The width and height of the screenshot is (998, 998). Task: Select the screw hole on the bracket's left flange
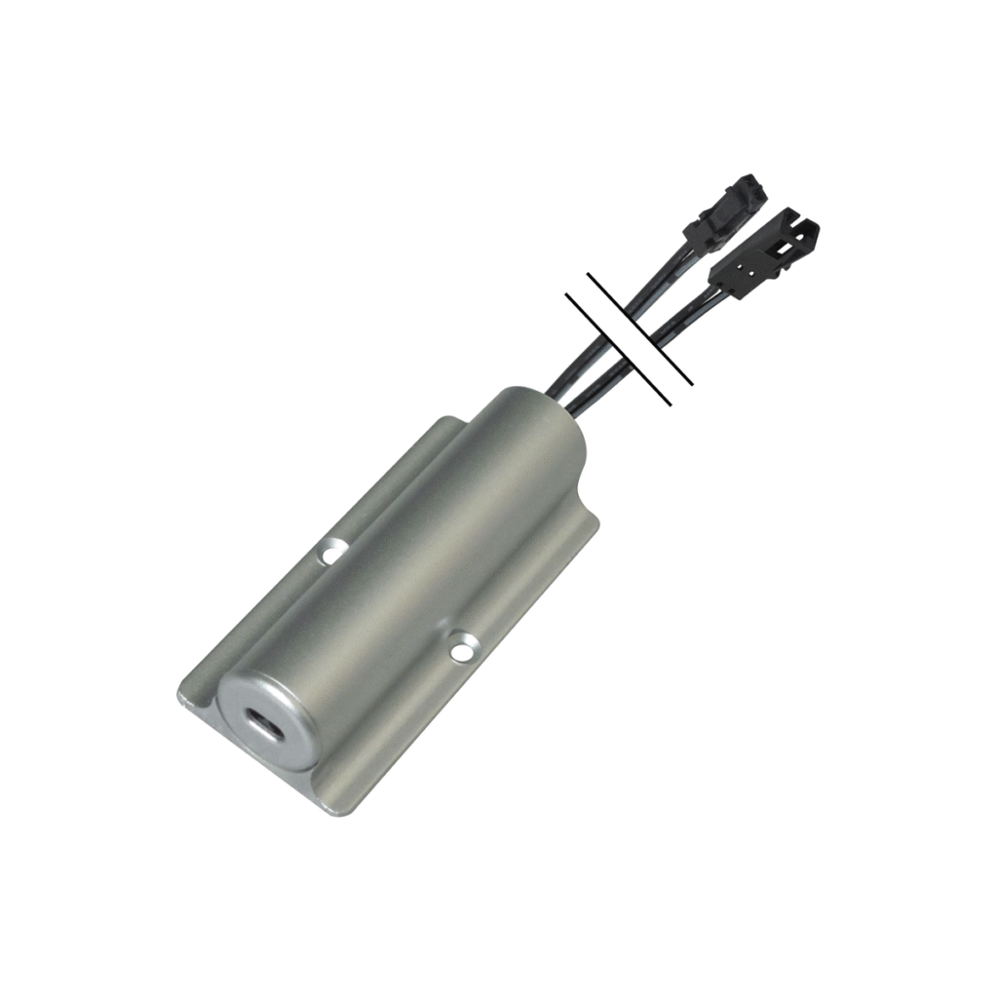pyautogui.click(x=334, y=553)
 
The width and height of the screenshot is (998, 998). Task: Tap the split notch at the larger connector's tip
pyautogui.click(x=805, y=234)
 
